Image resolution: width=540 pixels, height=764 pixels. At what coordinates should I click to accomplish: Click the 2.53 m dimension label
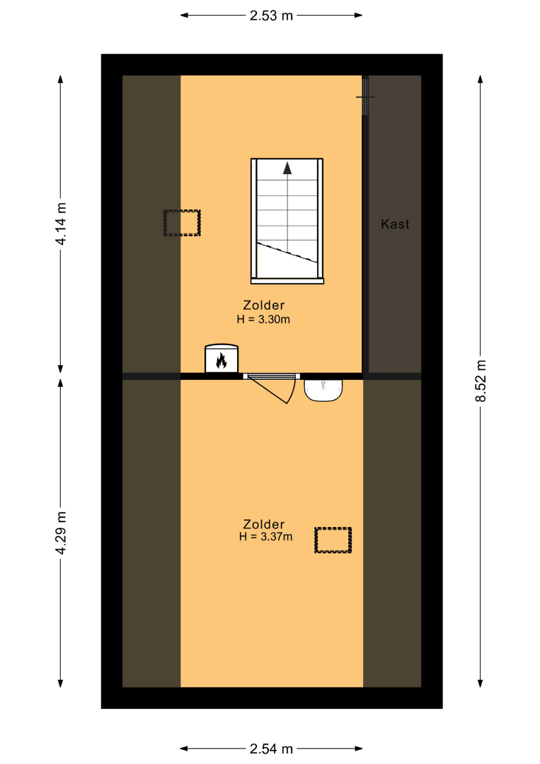271,16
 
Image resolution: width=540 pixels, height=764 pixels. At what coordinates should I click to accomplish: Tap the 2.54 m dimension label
271,748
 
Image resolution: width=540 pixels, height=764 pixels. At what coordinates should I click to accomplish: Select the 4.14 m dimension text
61,224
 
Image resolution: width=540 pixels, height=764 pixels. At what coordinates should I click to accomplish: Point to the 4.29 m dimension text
61,533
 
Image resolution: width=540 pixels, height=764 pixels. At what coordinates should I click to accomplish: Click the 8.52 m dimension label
481,381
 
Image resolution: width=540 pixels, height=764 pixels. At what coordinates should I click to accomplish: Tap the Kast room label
395,224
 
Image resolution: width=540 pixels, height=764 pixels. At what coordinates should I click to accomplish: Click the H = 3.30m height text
263,320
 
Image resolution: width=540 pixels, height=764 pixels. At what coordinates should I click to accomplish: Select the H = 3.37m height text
265,537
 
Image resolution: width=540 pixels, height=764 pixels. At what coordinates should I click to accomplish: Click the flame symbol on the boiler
222,361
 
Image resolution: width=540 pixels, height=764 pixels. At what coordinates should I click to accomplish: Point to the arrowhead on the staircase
287,168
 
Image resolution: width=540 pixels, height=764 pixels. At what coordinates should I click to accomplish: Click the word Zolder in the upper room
264,306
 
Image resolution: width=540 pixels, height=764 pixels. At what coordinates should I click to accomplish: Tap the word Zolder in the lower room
264,524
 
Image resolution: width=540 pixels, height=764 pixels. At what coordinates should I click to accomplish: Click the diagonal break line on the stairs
287,253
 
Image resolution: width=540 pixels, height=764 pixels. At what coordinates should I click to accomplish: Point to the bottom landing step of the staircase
287,281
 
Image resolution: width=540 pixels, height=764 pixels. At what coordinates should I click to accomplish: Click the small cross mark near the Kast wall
365,97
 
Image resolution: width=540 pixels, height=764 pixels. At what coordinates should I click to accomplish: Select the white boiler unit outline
222,359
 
